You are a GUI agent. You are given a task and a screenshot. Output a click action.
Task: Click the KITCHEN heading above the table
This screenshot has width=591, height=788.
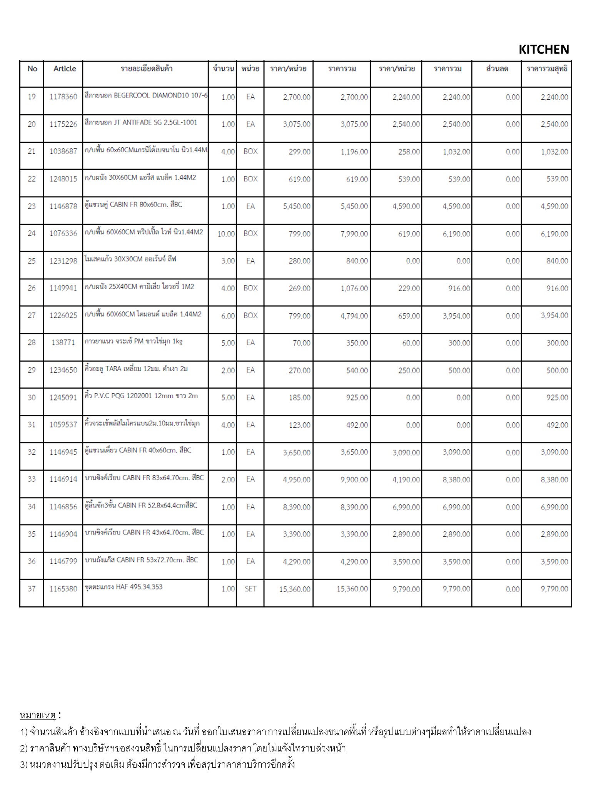tap(543, 50)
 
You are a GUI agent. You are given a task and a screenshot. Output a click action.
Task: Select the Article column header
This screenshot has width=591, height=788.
tap(65, 69)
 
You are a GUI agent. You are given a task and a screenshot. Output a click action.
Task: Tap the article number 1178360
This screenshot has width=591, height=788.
tap(63, 97)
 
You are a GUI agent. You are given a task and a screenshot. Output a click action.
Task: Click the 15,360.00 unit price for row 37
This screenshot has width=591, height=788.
tap(294, 589)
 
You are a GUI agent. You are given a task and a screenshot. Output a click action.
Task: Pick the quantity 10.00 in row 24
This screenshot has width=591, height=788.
tap(226, 234)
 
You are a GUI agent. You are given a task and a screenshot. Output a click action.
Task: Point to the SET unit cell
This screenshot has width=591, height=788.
tap(250, 589)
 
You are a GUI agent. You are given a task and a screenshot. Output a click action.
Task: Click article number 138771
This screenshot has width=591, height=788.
tap(63, 342)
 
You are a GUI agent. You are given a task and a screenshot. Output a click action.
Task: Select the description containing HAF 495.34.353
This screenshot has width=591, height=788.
tap(124, 587)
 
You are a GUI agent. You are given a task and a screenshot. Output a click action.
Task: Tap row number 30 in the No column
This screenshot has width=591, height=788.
tap(32, 397)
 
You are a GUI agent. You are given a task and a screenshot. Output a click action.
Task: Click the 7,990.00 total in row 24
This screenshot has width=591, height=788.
tap(354, 234)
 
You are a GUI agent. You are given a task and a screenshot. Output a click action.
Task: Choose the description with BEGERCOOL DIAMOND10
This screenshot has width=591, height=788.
tap(146, 95)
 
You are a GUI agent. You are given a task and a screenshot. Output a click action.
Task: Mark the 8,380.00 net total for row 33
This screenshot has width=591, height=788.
tap(554, 480)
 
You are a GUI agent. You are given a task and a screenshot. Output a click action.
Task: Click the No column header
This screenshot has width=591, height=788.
tap(32, 69)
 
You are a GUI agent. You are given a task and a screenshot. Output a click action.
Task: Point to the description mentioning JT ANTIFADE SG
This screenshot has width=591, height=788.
tap(141, 122)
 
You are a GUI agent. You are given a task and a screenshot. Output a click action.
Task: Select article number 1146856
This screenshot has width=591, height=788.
tap(63, 507)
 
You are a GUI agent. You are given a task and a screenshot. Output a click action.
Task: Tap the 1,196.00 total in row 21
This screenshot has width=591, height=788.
tap(354, 152)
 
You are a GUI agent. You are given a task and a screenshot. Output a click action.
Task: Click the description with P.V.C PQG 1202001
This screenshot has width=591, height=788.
tap(141, 396)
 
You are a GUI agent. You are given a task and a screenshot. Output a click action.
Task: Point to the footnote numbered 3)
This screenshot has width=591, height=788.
tap(157, 764)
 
